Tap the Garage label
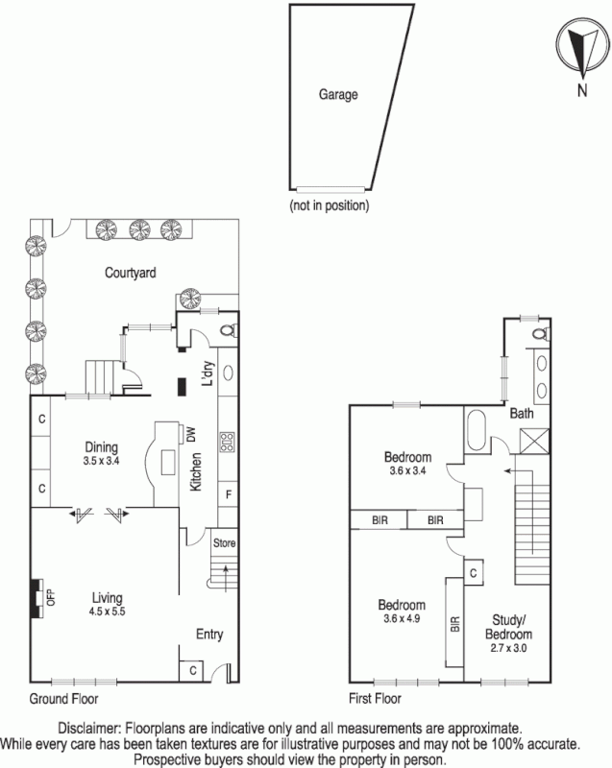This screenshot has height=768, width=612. click(338, 95)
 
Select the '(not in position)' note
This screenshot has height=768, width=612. click(329, 204)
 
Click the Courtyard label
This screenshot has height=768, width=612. click(131, 273)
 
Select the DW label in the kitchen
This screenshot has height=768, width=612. click(190, 435)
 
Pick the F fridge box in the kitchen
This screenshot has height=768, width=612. click(229, 494)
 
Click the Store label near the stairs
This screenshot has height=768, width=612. click(223, 543)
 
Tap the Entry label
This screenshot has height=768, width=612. click(210, 634)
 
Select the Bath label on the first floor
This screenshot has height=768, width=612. click(522, 415)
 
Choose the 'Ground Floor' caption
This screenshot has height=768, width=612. click(64, 698)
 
